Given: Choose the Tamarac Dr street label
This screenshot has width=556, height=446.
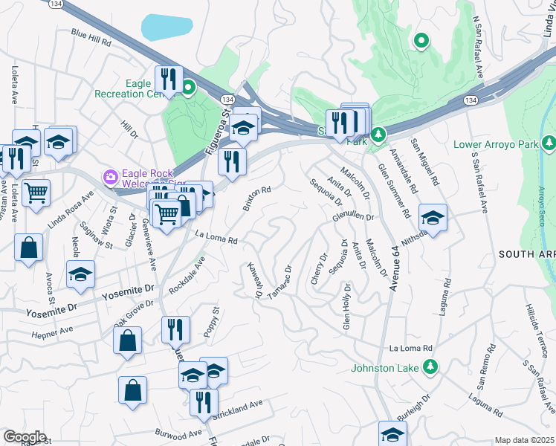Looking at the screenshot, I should [278, 284].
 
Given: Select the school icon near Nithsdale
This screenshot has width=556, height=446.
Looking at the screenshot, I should [433, 219].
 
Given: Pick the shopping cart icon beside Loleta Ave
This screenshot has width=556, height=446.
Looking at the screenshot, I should [36, 193].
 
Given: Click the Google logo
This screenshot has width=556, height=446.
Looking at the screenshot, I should [25, 436].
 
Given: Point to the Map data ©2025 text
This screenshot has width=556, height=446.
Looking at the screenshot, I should [524, 440].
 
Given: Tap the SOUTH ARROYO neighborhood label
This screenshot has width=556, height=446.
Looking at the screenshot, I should [526, 254].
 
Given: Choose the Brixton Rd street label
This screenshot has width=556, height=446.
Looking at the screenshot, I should [256, 199].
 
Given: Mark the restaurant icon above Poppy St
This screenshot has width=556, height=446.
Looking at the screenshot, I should [175, 329].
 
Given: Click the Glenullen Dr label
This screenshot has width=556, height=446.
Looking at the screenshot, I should [354, 216].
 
